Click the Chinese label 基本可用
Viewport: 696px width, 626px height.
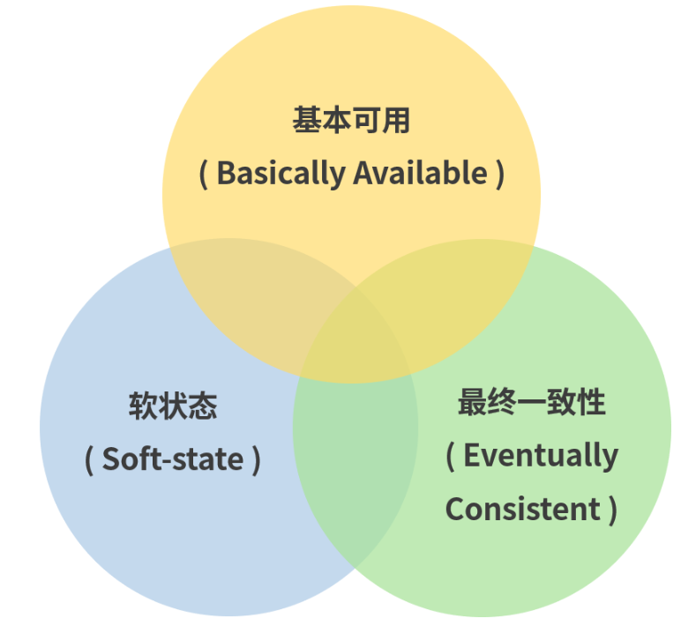351,121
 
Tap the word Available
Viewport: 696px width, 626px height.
420,174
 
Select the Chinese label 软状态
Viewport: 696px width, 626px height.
173,406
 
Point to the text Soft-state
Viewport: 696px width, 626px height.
173,459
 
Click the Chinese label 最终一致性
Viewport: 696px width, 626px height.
531,402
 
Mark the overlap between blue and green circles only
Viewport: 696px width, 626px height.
355,476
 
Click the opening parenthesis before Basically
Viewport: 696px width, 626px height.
203,174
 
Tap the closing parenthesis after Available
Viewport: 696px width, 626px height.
500,174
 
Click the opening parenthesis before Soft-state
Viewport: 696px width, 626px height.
89,459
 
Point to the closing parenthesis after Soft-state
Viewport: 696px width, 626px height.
256,459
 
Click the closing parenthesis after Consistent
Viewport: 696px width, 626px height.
611,509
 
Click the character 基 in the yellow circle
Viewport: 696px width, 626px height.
306,121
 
